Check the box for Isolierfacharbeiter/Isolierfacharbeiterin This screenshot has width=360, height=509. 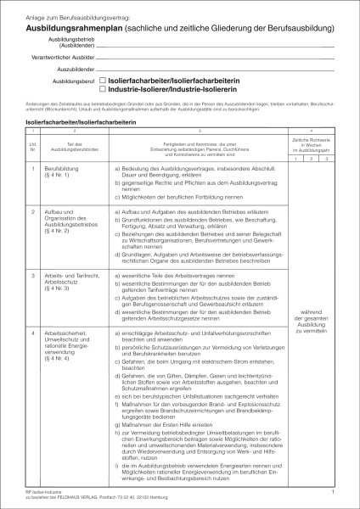click(x=104, y=79)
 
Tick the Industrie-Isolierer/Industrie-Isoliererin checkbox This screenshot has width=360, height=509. click(x=104, y=88)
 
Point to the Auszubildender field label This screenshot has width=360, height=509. click(x=69, y=67)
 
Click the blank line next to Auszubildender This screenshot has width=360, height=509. click(x=212, y=68)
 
